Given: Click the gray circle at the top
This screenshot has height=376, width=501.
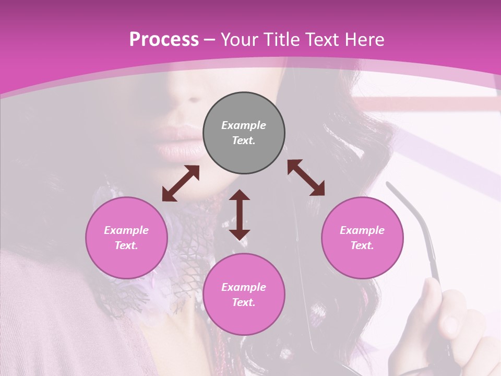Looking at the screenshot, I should [x=244, y=133].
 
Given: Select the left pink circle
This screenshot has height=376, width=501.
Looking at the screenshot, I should [x=126, y=238].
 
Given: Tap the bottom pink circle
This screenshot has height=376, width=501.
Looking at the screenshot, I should [x=244, y=295].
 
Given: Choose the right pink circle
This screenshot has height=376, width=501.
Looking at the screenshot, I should [x=362, y=238].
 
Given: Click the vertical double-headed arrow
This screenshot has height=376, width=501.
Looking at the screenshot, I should [x=240, y=215].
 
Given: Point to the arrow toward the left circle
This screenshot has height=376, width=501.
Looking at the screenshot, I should [x=181, y=183].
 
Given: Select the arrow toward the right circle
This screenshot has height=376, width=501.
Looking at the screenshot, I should [x=306, y=178].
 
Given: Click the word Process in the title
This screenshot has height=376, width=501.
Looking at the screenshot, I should [x=164, y=39].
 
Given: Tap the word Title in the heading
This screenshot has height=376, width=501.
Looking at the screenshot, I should [x=282, y=39].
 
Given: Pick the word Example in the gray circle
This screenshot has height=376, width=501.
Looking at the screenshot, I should [x=244, y=125].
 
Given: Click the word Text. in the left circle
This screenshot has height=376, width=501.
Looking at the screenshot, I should [x=126, y=245].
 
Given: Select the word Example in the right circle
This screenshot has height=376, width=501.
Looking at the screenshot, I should [x=362, y=230].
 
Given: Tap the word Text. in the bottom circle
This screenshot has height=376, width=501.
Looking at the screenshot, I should [x=244, y=302].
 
